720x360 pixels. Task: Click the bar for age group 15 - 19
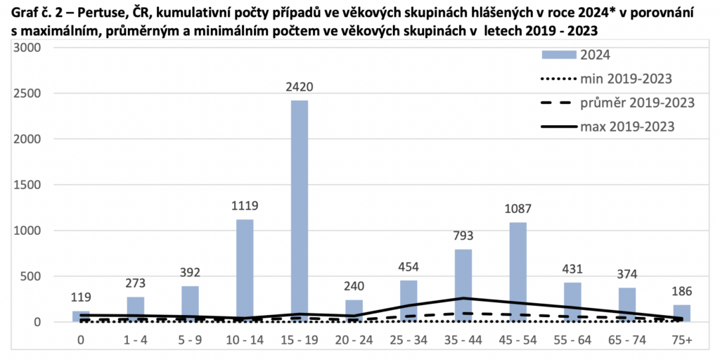(299, 211)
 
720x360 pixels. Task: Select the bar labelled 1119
(244, 271)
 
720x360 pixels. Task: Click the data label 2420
(299, 88)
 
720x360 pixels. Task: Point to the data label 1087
(517, 210)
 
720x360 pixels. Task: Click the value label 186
(681, 292)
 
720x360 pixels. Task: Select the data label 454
(409, 267)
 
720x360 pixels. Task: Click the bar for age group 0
(81, 316)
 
